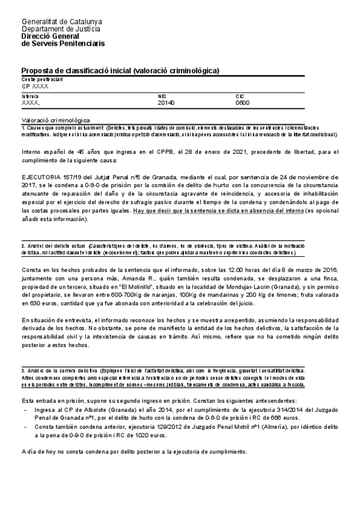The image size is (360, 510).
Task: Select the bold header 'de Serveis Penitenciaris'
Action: [63, 44]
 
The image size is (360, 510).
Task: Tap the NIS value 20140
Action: [165, 103]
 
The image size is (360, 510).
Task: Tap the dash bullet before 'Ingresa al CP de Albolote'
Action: [24, 409]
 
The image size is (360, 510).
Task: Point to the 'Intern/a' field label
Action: [30, 96]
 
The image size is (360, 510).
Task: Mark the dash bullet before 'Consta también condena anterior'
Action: [24, 426]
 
